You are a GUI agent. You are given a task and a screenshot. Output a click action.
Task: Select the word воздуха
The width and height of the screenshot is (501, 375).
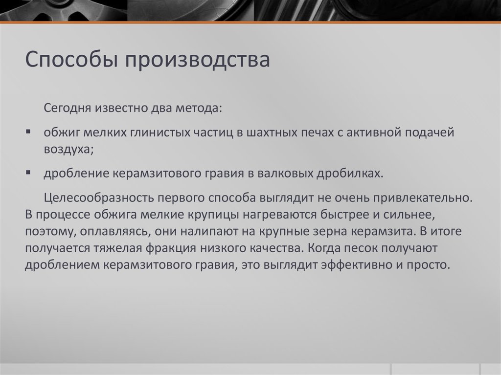pyautogui.click(x=67, y=150)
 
